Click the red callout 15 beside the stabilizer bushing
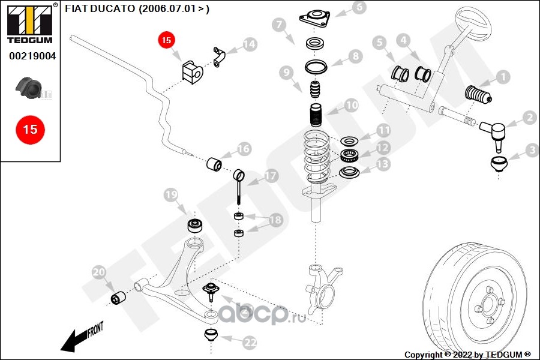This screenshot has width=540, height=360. (x=166, y=41)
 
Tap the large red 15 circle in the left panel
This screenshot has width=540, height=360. (x=30, y=129)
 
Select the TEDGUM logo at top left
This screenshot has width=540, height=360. (x=30, y=24)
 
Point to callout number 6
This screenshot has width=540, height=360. (x=358, y=8)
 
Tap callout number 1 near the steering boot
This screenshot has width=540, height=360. (x=502, y=77)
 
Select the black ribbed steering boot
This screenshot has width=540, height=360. (x=478, y=96)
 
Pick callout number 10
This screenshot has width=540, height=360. (x=352, y=106)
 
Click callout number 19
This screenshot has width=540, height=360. (x=171, y=195)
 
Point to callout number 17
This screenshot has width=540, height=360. (x=271, y=176)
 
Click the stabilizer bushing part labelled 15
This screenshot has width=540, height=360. (x=193, y=70)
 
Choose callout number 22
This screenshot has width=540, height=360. (x=250, y=343)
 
